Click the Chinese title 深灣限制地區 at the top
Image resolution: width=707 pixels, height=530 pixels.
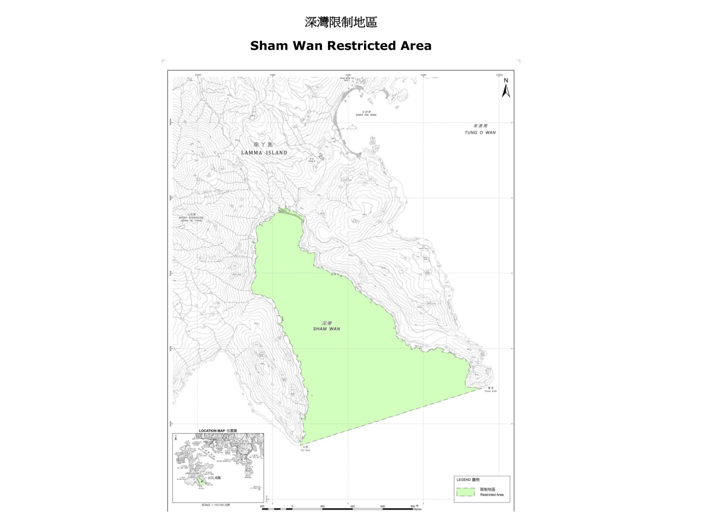341,23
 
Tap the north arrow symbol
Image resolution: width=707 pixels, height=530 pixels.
505,88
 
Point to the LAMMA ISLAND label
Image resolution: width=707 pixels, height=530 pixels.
264,152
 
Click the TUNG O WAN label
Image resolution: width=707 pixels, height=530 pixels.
480,132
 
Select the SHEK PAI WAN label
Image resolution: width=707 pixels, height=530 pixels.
366,115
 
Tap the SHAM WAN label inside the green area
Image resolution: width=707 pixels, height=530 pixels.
326,329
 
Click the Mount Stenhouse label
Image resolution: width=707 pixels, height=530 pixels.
191,218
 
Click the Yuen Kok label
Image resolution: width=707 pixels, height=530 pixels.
491,391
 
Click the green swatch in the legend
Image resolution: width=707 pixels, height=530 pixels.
465,492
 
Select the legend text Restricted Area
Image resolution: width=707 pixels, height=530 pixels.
492,495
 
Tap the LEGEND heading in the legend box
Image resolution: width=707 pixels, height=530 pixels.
467,480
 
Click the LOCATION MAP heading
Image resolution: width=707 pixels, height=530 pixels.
217,431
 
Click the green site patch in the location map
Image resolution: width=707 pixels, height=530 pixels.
201,482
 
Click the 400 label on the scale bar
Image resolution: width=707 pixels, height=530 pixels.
352,506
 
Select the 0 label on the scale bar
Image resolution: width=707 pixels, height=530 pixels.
292,506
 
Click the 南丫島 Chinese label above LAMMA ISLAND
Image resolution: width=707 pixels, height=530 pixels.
264,145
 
